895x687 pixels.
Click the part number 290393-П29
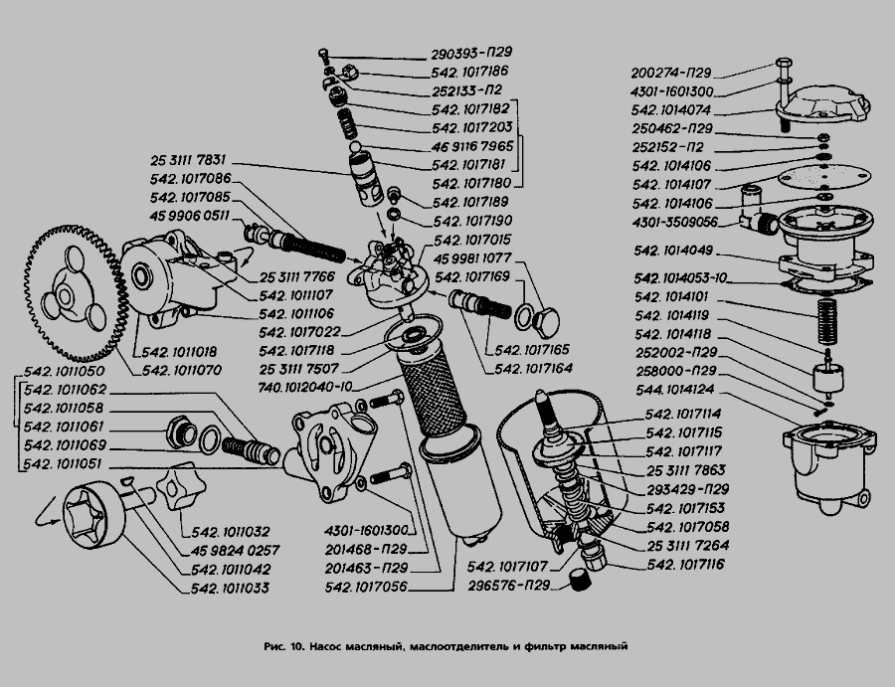click(x=473, y=53)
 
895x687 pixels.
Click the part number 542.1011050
click(x=65, y=372)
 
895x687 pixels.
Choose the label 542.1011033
click(x=231, y=588)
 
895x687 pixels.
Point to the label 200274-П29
click(x=671, y=73)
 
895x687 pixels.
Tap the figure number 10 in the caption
click(x=296, y=646)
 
